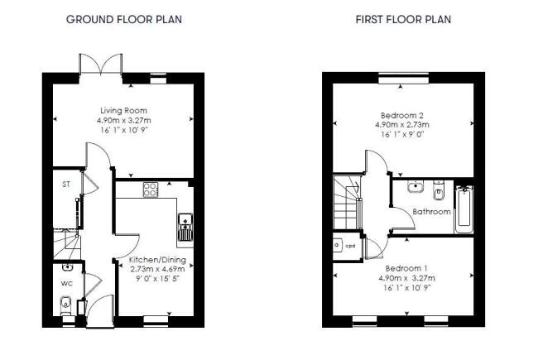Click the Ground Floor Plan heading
(124, 19)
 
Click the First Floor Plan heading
(403, 19)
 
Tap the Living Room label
(123, 110)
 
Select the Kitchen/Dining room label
(157, 260)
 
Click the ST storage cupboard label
(66, 185)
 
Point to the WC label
(66, 284)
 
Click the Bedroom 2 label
(402, 115)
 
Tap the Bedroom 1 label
(406, 268)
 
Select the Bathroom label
(431, 211)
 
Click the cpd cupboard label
(350, 246)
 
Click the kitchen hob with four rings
(151, 190)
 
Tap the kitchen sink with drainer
(185, 227)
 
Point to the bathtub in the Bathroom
(464, 209)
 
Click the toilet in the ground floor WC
(65, 307)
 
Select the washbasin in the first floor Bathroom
(416, 186)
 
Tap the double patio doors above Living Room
(100, 64)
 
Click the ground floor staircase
(67, 243)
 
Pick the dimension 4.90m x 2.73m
(402, 125)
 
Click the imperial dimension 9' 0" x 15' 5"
(157, 278)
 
